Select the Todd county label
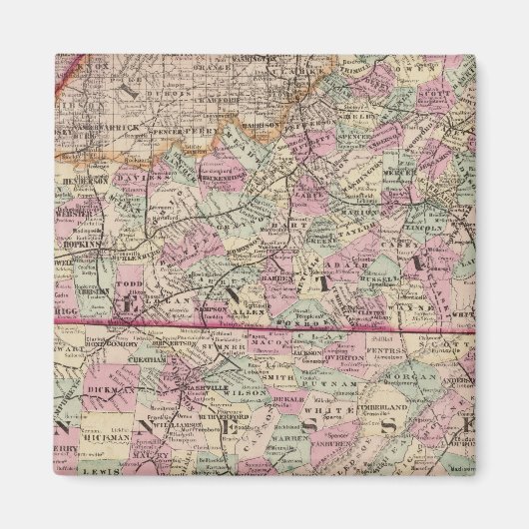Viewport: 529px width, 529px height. pyautogui.click(x=130, y=284)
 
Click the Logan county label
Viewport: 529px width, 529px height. pyautogui.click(x=175, y=296)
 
